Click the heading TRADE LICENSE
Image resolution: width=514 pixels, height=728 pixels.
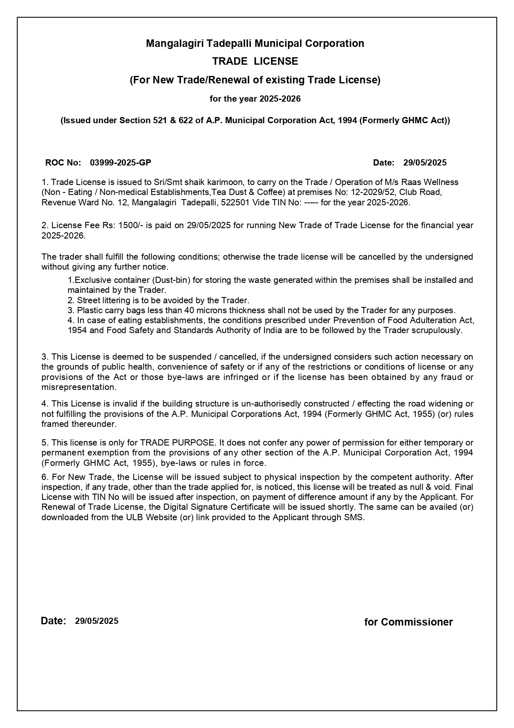click(x=255, y=61)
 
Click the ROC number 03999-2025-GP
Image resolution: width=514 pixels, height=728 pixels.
click(x=120, y=163)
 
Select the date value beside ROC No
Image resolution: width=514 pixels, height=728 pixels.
click(x=424, y=163)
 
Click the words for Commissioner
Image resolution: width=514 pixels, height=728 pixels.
click(x=408, y=622)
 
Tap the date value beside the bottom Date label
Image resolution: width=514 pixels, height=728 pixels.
click(x=97, y=621)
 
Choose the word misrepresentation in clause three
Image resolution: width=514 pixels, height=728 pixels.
click(x=79, y=387)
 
